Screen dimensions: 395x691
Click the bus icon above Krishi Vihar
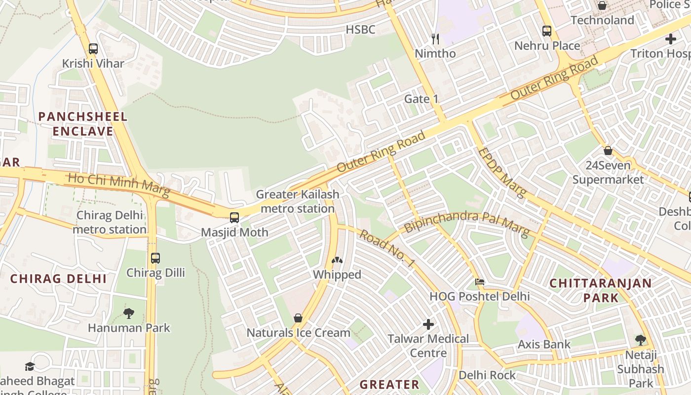93,49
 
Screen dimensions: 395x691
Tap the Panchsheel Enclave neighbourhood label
83,124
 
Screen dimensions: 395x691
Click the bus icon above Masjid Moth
234,217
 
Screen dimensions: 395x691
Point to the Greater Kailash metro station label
298,201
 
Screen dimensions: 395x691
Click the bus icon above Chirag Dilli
155,258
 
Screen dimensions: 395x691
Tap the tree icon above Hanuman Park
129,313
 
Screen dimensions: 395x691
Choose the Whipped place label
337,275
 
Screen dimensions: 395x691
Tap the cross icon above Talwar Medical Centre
428,324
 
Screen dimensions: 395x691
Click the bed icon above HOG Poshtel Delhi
480,282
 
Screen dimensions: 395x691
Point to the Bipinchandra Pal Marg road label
467,224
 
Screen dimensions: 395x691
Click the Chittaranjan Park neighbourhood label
601,290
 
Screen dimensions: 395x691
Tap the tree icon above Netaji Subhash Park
641,340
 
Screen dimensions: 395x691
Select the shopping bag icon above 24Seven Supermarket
608,151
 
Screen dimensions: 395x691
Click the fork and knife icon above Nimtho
435,39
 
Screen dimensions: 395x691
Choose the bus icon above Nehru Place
547,31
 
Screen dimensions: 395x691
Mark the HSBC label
360,30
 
